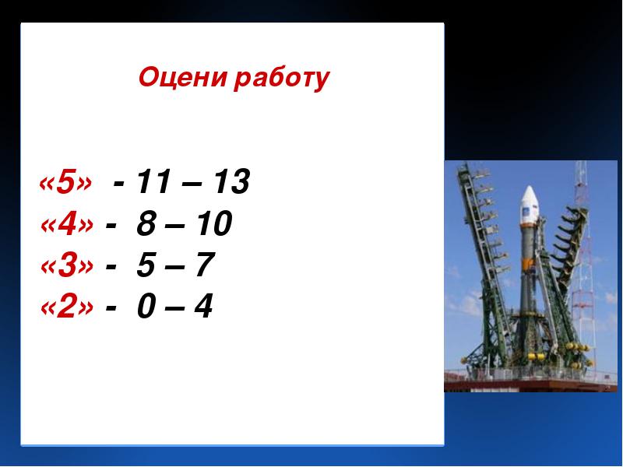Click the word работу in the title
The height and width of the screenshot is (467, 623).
tap(282, 79)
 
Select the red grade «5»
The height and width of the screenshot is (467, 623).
tap(65, 182)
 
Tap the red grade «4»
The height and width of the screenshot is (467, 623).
tap(67, 224)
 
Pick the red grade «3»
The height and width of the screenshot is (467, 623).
tap(67, 265)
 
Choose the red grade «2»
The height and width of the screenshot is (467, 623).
tap(67, 307)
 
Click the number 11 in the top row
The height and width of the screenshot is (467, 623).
tap(153, 181)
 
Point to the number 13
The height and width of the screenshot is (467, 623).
tap(231, 181)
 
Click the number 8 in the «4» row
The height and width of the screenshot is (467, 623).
tap(146, 223)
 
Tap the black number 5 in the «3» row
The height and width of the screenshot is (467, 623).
tap(146, 265)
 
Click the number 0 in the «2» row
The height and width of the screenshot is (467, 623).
tap(146, 306)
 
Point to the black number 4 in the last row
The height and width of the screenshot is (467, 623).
tap(203, 306)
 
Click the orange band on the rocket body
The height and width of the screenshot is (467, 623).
tap(528, 263)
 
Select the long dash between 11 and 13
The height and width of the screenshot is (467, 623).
tap(192, 184)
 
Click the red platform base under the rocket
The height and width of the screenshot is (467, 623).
tap(530, 385)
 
